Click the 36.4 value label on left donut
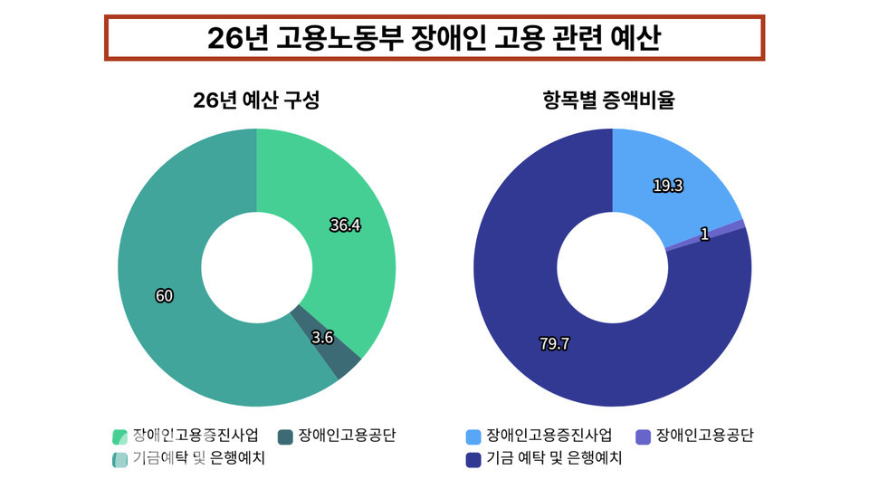[x=345, y=225]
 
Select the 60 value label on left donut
[x=164, y=296]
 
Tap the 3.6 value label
[x=322, y=338]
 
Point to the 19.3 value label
[x=667, y=186]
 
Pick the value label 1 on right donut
[x=704, y=235]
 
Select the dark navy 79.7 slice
[x=588, y=362]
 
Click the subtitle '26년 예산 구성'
[x=256, y=102]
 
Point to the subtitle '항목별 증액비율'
[x=613, y=102]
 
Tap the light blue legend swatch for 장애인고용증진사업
[x=473, y=437]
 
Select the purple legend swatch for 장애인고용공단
[x=644, y=437]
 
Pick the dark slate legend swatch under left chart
[x=285, y=437]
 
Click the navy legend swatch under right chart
[x=473, y=460]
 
